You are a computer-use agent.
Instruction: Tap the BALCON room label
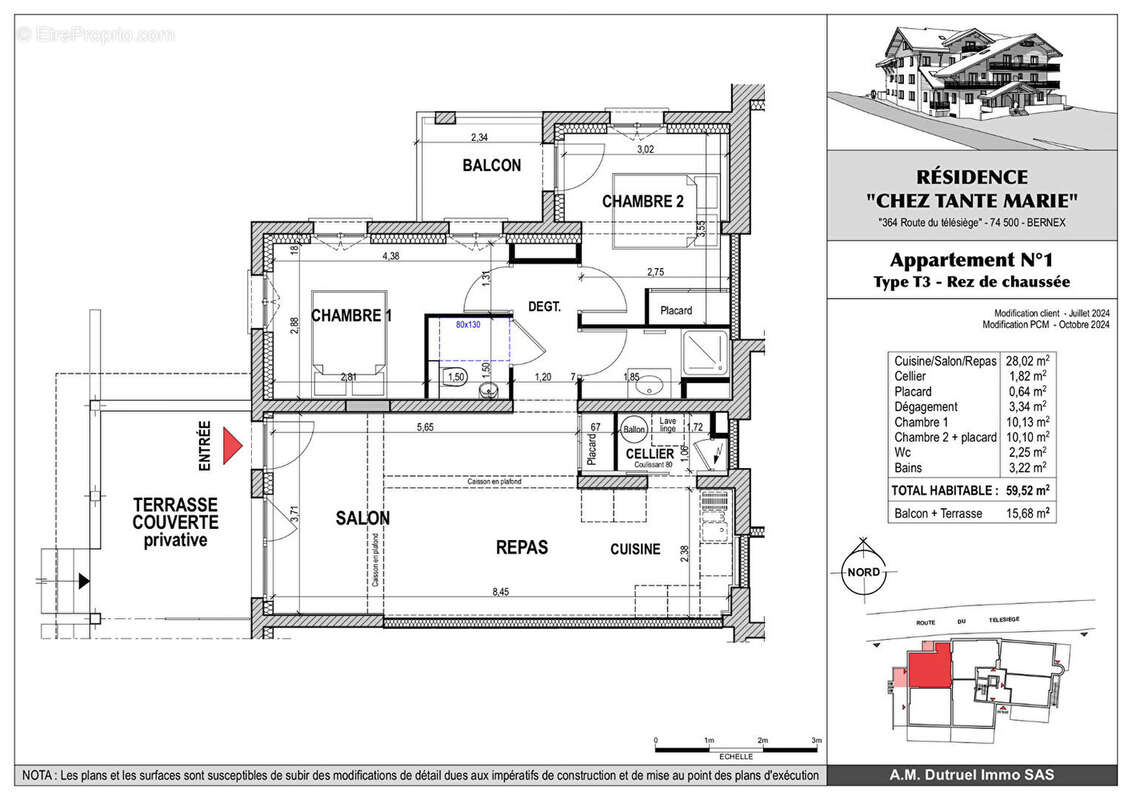(x=491, y=165)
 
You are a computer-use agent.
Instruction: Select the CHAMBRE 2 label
(x=642, y=201)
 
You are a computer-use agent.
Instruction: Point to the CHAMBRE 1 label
(x=351, y=316)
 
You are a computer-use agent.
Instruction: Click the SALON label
(x=362, y=518)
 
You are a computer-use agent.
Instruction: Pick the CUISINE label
(x=636, y=549)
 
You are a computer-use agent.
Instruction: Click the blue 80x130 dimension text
(x=468, y=324)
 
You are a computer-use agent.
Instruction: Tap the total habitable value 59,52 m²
(x=1026, y=491)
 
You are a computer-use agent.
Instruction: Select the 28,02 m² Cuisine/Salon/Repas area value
(x=1026, y=362)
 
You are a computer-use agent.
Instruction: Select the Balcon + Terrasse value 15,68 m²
(x=1026, y=513)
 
